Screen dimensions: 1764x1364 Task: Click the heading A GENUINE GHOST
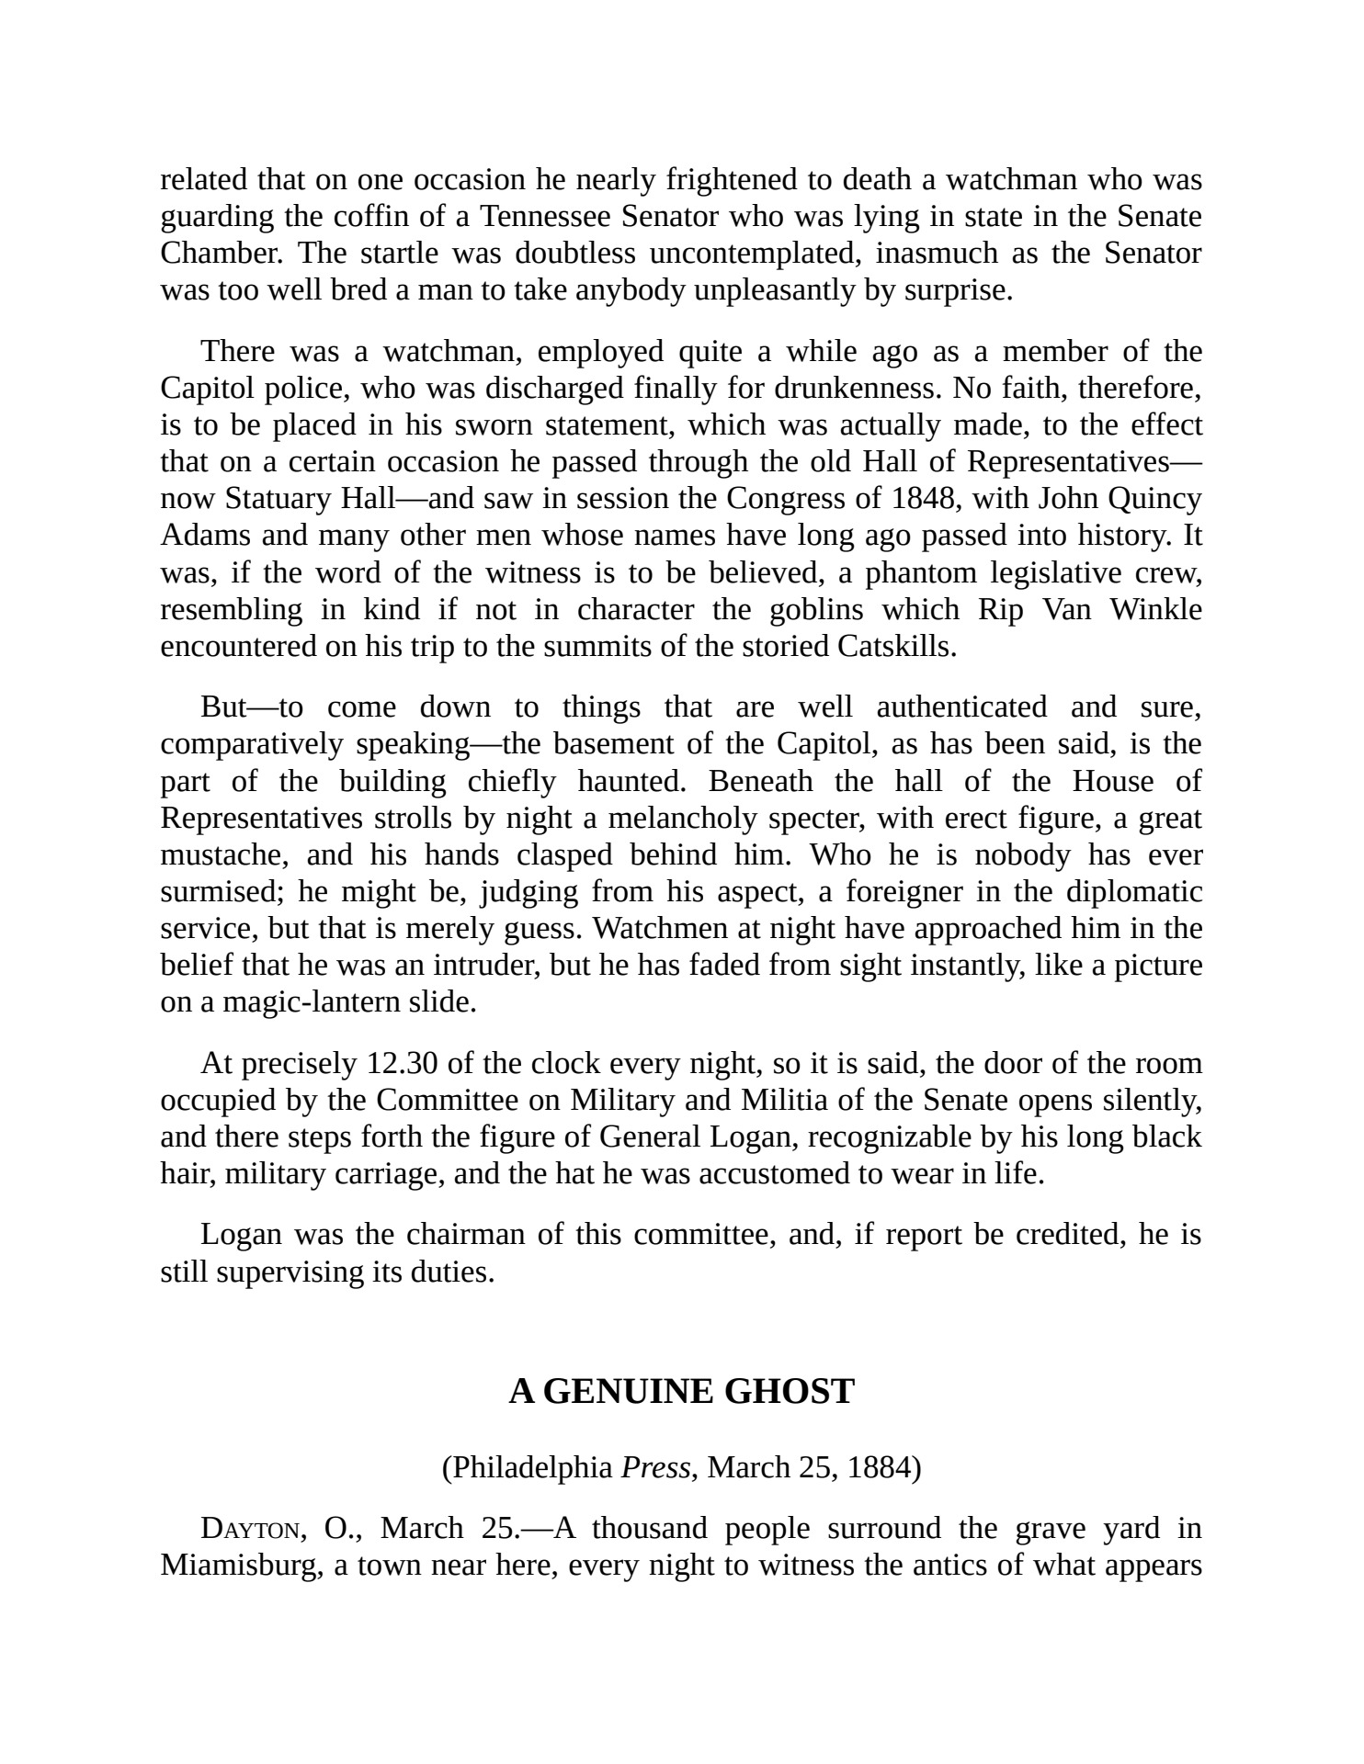681,1392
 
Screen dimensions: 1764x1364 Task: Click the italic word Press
655,1467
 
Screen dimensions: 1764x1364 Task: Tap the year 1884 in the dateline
884,1467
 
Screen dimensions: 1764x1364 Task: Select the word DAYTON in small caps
250,1529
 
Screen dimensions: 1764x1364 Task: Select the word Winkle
1155,610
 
